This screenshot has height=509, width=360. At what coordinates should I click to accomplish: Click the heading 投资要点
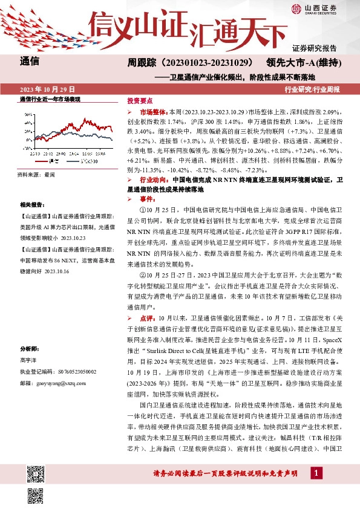pyautogui.click(x=140, y=100)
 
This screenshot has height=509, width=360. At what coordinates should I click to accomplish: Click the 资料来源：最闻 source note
pyautogui.click(x=36, y=175)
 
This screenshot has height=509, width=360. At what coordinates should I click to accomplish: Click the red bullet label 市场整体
pyautogui.click(x=154, y=112)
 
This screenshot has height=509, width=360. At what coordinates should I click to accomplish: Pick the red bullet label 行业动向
pyautogui.click(x=154, y=180)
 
